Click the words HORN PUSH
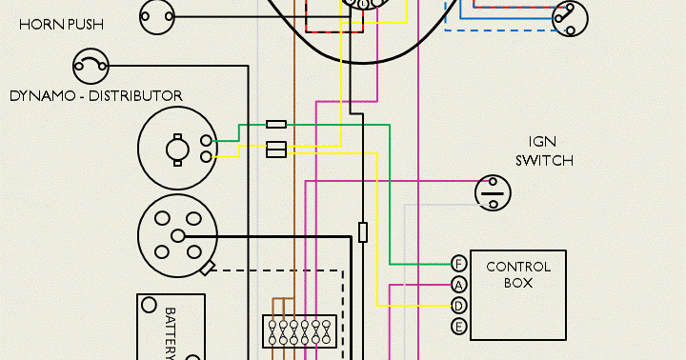coord(62,24)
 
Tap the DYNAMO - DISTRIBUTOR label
coord(95,95)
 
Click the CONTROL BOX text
coord(518,274)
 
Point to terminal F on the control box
coord(458,264)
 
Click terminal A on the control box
coord(458,285)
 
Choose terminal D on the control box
coord(458,306)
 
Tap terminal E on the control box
coord(458,327)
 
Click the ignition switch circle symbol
coord(493,192)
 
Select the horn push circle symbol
coord(159,15)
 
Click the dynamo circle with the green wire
coord(178,148)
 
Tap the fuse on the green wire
coord(276,124)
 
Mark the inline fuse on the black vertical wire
coord(363,231)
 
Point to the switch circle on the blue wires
coord(571,16)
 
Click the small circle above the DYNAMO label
coord(91,66)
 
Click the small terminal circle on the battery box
coord(149,306)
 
